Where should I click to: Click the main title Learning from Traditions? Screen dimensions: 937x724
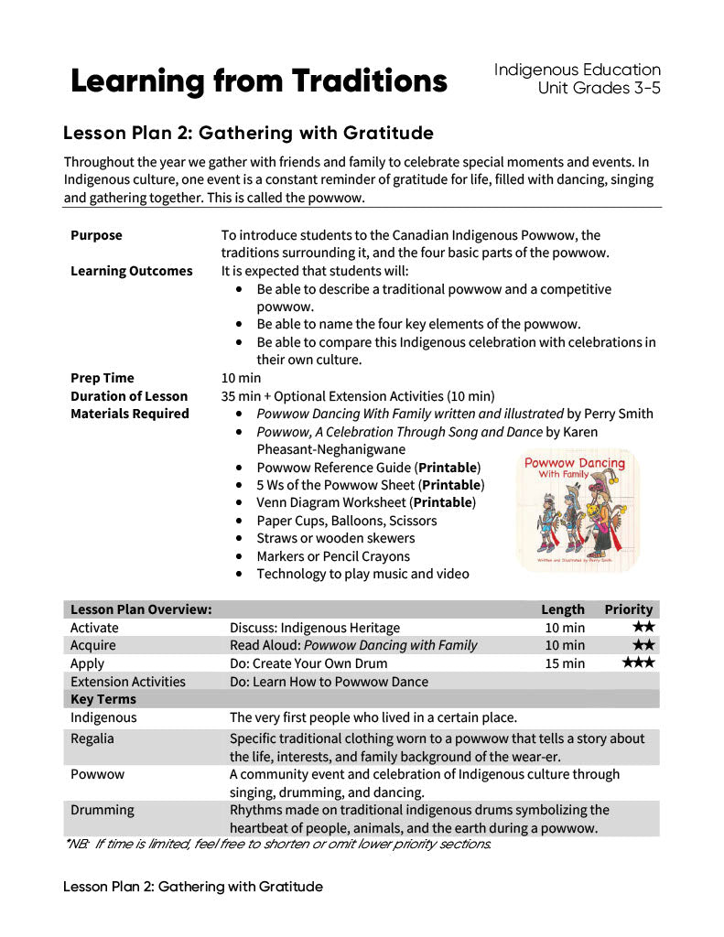point(259,81)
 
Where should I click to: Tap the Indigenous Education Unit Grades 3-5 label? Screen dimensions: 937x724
point(577,79)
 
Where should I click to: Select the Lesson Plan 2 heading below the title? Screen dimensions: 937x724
point(248,134)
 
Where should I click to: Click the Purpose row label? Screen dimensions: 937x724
point(96,235)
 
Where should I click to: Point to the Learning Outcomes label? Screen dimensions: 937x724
point(131,271)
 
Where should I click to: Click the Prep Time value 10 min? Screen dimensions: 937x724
point(241,378)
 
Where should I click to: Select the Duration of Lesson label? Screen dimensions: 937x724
point(129,396)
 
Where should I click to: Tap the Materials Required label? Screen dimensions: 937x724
point(129,414)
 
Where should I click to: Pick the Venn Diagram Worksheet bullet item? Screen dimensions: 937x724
point(366,502)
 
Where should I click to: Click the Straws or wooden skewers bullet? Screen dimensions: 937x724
point(335,538)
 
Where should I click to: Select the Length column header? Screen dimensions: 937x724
point(563,609)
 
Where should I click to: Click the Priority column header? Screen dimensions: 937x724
point(629,609)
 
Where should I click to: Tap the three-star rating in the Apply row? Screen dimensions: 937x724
point(638,662)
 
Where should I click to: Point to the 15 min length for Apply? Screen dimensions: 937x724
point(565,663)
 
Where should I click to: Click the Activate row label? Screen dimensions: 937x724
point(94,628)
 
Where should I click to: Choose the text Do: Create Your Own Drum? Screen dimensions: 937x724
point(308,663)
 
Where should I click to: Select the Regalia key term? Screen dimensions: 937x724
point(92,738)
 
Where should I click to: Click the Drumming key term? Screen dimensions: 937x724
point(102,810)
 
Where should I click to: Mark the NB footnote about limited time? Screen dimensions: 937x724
point(278,844)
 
